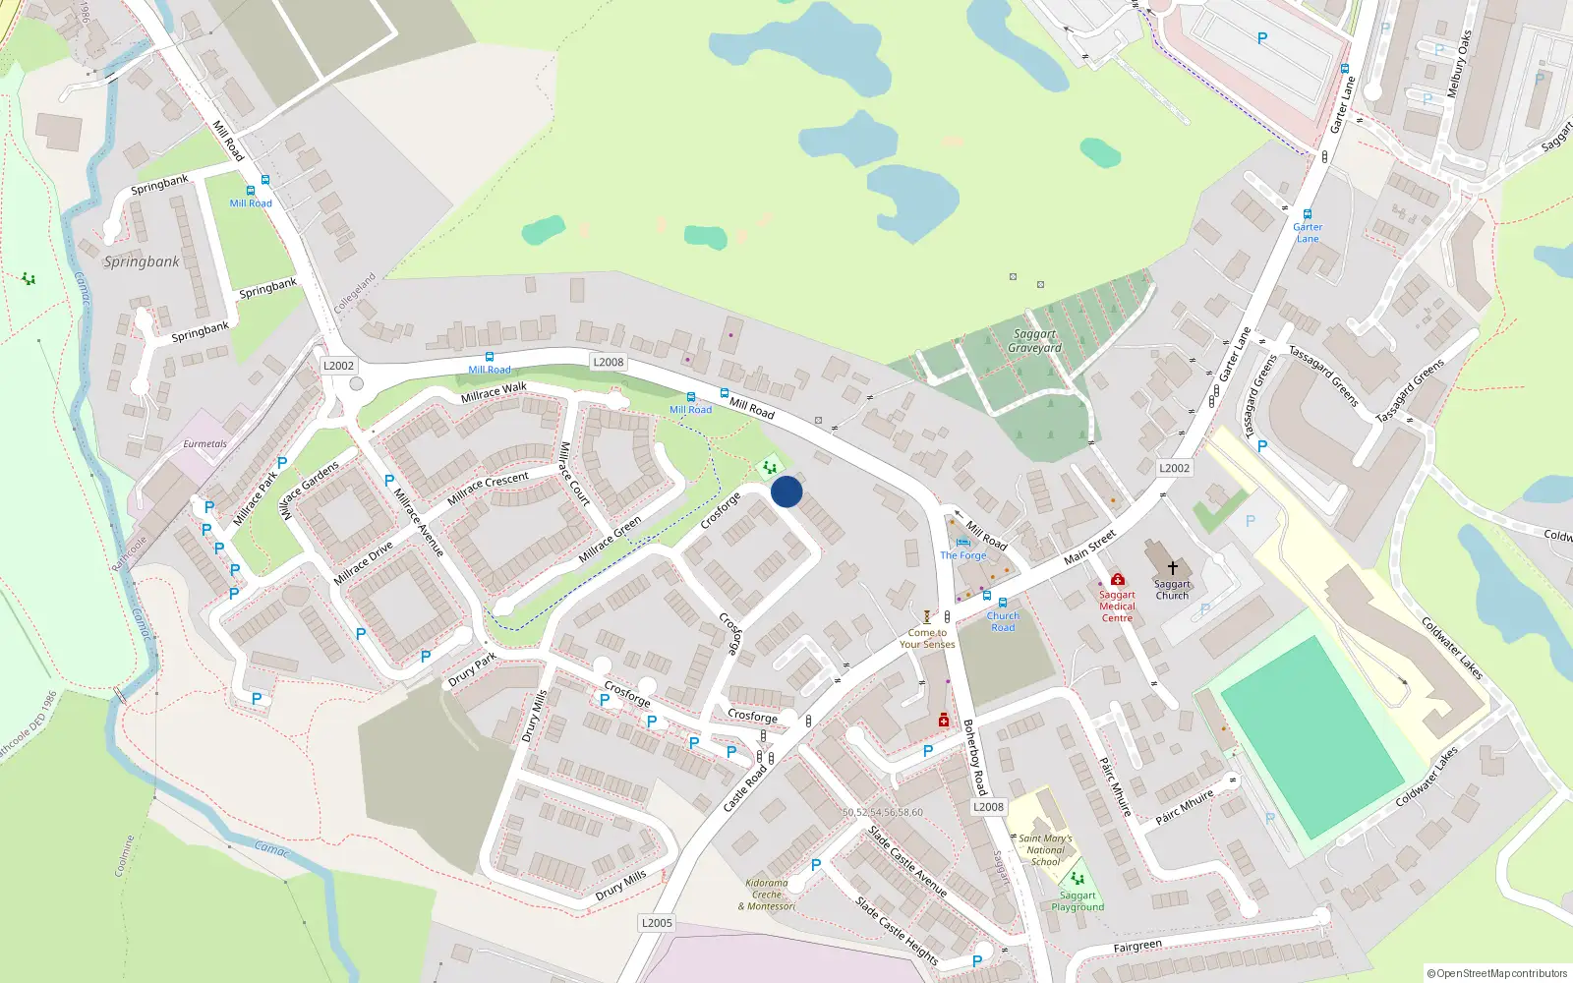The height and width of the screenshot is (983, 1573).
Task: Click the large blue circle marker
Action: point(786,491)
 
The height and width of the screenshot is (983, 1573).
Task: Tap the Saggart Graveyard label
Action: point(1034,341)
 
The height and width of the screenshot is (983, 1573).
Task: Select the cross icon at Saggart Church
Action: point(1172,568)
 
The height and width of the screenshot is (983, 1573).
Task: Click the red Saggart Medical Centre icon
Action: point(1117,580)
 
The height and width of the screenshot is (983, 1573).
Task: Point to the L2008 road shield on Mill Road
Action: point(609,362)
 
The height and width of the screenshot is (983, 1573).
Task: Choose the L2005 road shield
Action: point(657,922)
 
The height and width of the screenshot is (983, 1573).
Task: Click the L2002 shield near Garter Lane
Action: point(1174,468)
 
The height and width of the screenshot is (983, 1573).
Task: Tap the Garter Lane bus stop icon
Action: point(1307,214)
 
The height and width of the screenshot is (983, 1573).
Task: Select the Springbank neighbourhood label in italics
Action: point(142,261)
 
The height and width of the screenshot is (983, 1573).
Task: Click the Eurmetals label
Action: point(204,444)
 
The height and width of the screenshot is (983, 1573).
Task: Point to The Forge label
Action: point(962,555)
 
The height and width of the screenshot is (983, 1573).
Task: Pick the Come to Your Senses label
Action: point(927,639)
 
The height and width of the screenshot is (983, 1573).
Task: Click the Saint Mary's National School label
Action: point(1045,850)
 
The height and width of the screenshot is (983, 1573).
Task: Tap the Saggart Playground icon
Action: point(1078,879)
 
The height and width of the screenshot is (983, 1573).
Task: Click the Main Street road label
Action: point(1089,547)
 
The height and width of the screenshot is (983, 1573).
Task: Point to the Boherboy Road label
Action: point(974,757)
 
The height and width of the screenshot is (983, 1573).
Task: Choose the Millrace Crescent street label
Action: point(488,488)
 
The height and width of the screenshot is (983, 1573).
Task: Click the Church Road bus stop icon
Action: point(1003,603)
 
